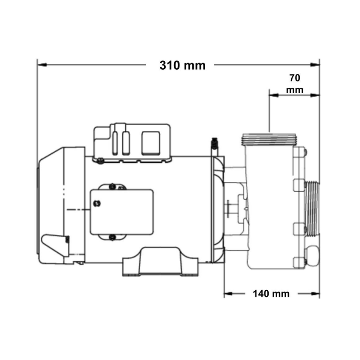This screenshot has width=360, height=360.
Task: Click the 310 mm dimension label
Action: (183, 65)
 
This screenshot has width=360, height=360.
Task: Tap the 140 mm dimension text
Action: (271, 294)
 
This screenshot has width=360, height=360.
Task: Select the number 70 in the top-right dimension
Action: (295, 78)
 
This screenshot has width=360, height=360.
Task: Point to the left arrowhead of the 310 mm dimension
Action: (42, 65)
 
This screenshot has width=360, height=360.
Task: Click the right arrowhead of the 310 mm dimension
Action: (315, 65)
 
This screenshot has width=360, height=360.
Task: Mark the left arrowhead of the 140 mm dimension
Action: (229, 294)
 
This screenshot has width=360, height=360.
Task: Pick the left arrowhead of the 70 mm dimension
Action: (274, 95)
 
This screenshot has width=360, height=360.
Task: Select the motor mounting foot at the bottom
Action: (160, 261)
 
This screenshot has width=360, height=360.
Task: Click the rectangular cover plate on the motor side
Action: (121, 212)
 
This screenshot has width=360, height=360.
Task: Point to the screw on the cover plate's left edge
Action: (97, 203)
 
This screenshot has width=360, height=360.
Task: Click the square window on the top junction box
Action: (151, 143)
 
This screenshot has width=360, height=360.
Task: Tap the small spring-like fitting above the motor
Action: (215, 144)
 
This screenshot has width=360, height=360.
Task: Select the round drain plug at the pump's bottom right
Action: (312, 256)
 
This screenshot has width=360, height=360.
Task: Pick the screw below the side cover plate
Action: (112, 237)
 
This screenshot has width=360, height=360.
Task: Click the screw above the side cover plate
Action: (112, 186)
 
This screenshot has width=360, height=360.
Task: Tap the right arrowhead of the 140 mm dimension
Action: (315, 294)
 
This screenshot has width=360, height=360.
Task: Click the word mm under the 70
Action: (295, 90)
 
